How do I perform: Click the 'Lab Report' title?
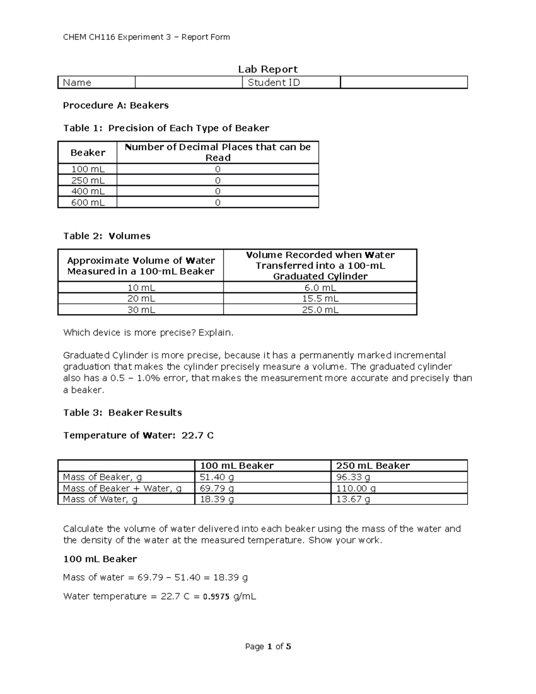click(x=268, y=69)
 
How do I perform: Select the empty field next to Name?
click(x=188, y=83)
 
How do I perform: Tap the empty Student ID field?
click(x=403, y=83)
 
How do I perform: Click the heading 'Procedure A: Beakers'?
click(x=116, y=105)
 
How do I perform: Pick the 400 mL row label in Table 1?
click(x=88, y=191)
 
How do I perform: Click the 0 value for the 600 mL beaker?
click(x=218, y=202)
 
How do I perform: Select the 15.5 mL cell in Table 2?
click(x=320, y=299)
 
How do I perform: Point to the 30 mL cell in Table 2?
click(x=141, y=310)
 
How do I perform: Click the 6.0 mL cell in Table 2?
click(x=320, y=288)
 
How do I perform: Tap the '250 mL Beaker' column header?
click(x=373, y=466)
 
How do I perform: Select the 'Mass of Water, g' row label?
click(x=100, y=499)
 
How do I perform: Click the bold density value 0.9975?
click(x=216, y=597)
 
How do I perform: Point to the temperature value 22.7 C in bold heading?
click(x=197, y=435)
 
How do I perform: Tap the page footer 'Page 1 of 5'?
click(x=268, y=646)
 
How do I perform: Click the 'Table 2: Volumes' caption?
click(x=107, y=236)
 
